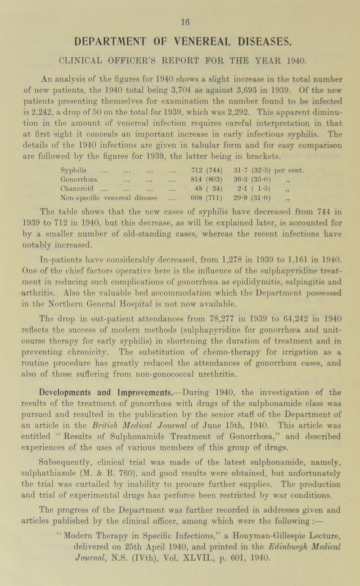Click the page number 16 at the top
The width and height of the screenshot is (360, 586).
180,7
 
